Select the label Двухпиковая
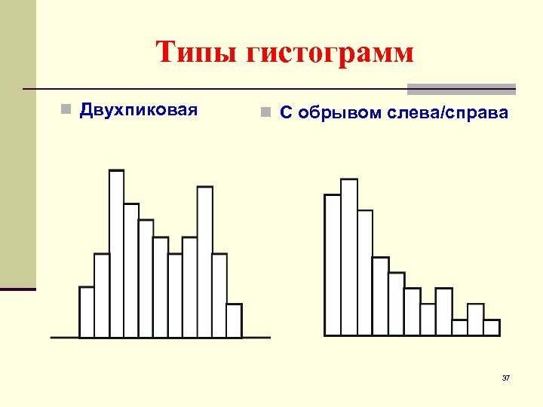point(139,111)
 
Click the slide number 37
point(506,378)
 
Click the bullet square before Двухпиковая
point(66,112)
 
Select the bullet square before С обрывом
point(264,114)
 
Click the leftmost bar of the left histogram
point(87,312)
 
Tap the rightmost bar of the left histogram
point(234,320)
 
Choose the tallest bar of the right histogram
point(348,256)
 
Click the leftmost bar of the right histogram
point(333,264)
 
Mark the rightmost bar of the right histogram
point(492,327)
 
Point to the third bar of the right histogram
point(365,272)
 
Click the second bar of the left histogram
point(102,295)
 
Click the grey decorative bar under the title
point(461,88)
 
